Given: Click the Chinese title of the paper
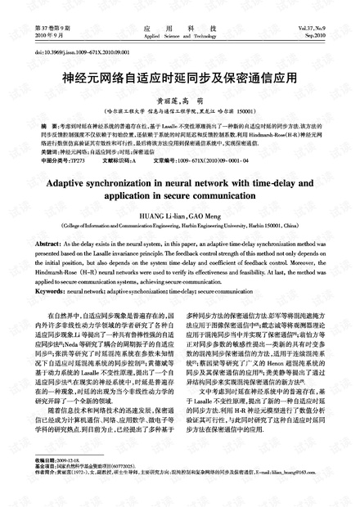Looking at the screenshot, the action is pos(179,82).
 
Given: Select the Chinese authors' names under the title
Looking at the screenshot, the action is pos(180,99).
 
